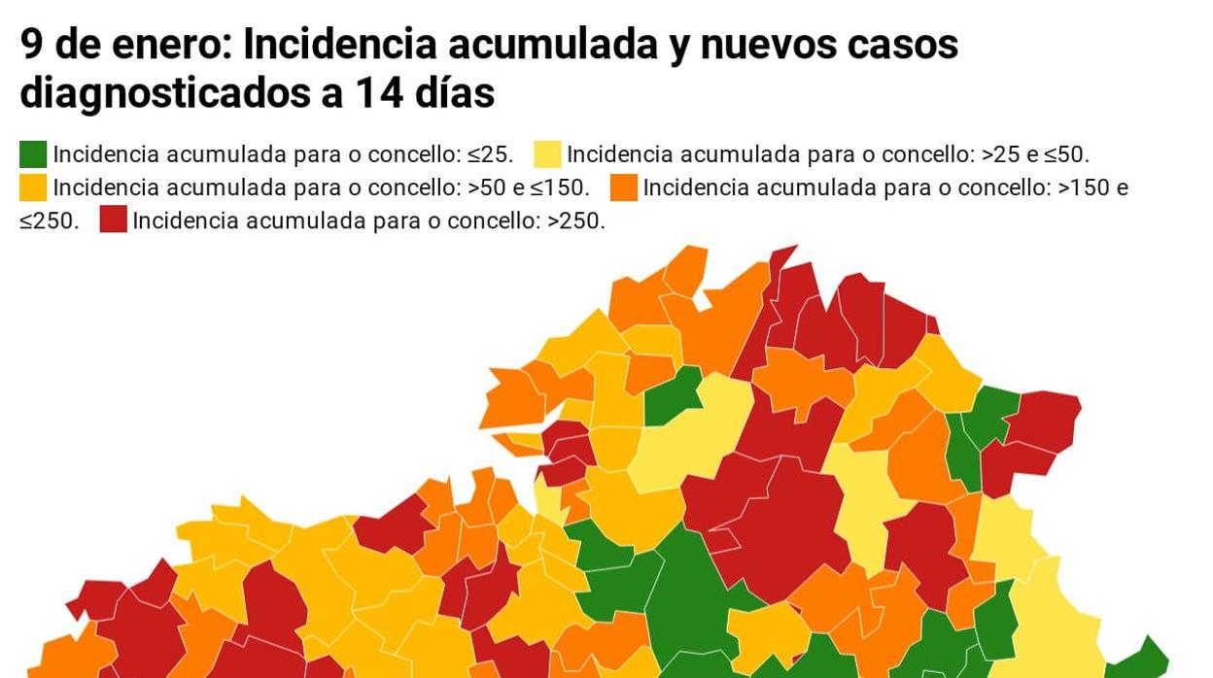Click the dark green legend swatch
pos(33,154)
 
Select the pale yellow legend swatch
pos(547,154)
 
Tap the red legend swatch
pos(113,220)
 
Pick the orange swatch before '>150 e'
pos(624,187)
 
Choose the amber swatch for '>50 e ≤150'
pos(33,187)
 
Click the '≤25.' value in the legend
pos(490,154)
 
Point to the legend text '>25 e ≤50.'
pos(1035,154)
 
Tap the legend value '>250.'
pos(576,220)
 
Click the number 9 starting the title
pos(31,44)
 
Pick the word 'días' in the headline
pos(454,94)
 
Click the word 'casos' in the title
pos(903,44)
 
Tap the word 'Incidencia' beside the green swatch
pos(106,154)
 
